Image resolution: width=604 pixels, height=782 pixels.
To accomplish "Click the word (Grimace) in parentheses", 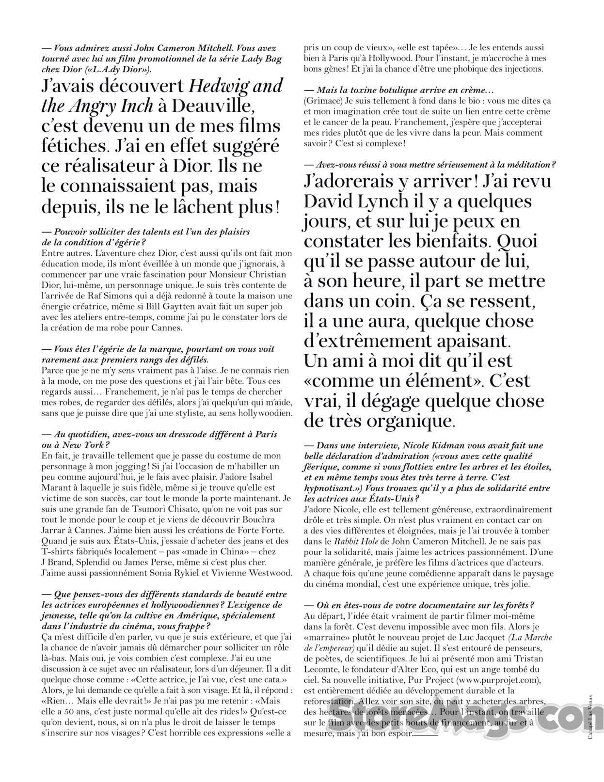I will (323, 101).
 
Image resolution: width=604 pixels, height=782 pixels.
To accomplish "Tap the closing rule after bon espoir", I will (426, 735).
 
